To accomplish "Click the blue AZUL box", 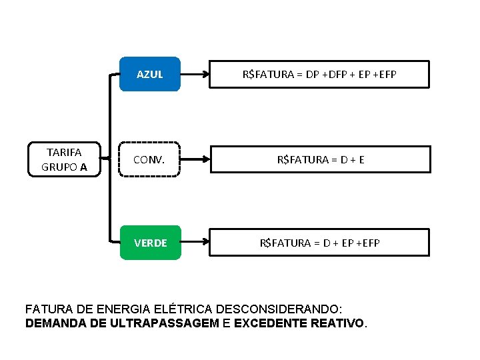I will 150,74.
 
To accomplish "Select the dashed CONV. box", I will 150,159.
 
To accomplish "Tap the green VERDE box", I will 150,243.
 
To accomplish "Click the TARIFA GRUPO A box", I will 64,159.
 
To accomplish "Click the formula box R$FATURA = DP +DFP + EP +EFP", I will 319,74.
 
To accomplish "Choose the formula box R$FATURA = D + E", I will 319,159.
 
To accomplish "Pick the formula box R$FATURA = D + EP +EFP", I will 319,243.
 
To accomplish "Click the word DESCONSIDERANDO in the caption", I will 281,309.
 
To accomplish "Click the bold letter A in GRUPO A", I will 83,167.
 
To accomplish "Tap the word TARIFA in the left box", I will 64,153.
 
